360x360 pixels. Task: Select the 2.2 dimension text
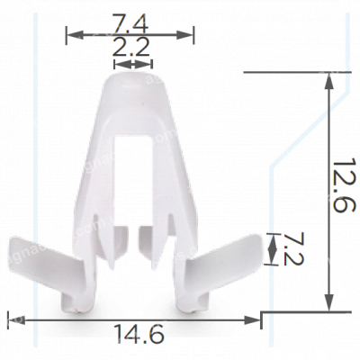131,48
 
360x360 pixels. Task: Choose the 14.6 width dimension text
139,336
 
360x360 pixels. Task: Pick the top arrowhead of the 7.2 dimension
272,237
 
